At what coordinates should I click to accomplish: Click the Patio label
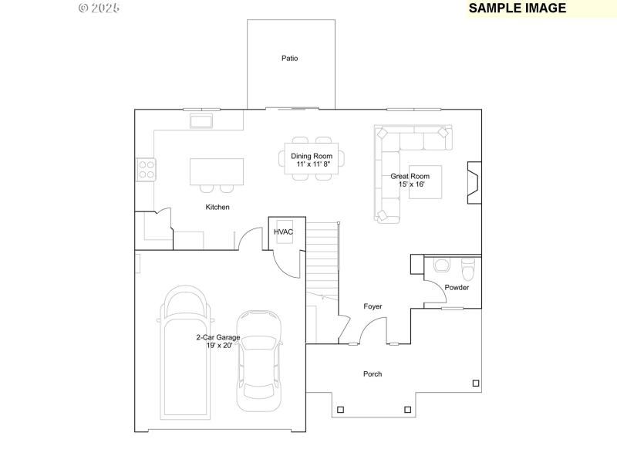click(289, 59)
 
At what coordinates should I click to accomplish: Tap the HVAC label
click(283, 231)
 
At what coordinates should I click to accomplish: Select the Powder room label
click(457, 288)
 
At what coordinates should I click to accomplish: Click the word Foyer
click(373, 307)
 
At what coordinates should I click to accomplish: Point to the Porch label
click(373, 374)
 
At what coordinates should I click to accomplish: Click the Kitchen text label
click(217, 208)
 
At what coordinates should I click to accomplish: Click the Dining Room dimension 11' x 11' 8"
click(312, 164)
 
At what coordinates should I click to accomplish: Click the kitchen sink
click(202, 121)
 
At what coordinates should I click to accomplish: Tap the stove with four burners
click(146, 169)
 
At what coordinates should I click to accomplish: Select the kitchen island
click(217, 171)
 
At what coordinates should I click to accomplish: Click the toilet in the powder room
click(467, 270)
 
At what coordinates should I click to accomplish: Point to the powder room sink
click(442, 265)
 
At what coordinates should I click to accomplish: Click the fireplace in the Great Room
click(474, 183)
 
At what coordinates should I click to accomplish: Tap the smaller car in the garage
click(258, 361)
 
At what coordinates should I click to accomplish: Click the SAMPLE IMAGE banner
click(518, 8)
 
